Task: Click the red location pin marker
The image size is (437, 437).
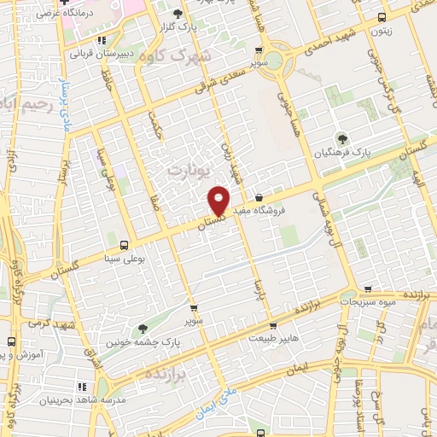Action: click(x=219, y=200)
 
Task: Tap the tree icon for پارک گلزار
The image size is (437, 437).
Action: click(x=178, y=14)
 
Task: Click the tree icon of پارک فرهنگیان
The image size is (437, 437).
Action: click(x=342, y=138)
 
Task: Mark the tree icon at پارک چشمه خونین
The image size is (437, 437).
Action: click(x=143, y=328)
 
